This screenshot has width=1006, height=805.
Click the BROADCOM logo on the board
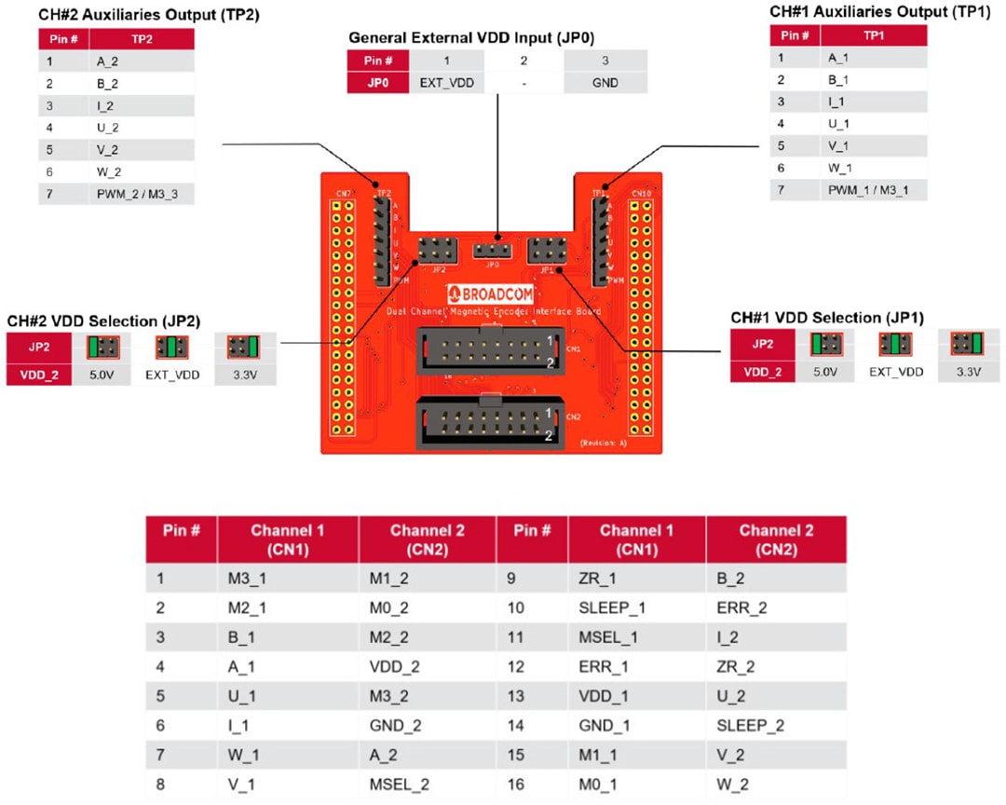click(493, 290)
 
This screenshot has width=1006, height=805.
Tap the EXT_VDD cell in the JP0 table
click(445, 82)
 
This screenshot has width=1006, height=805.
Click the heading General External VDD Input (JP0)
click(470, 38)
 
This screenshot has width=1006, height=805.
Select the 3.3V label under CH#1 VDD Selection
click(969, 372)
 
